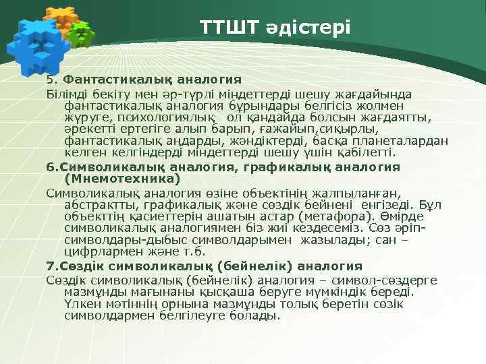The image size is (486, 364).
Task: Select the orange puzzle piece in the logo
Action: tap(60, 18)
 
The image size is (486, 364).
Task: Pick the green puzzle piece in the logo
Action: tap(81, 34)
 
